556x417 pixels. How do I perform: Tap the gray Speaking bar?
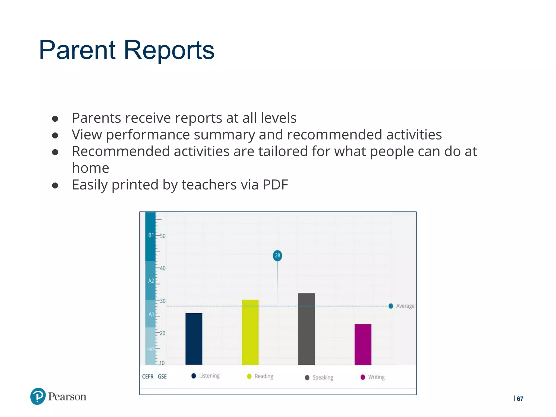coord(307,329)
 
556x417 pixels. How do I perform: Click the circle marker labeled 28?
coord(277,255)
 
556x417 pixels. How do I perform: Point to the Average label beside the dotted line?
coord(405,306)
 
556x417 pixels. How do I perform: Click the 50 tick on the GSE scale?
coord(162,236)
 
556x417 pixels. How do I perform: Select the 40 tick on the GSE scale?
coord(162,268)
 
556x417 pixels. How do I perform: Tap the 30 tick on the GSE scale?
coord(162,301)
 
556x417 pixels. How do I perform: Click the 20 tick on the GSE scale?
coord(162,333)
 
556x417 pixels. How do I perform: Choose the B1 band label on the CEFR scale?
coord(151,235)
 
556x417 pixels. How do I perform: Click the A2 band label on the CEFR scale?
coord(151,281)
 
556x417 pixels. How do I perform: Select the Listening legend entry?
coord(206,376)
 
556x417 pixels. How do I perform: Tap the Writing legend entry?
coord(373,377)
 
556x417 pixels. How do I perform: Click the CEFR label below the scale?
coord(148,377)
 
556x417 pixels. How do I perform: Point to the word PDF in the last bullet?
coord(275,185)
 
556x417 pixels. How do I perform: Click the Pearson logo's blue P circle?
coord(38,396)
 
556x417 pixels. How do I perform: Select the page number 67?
coord(520,399)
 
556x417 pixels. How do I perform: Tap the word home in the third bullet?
coord(90,168)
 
